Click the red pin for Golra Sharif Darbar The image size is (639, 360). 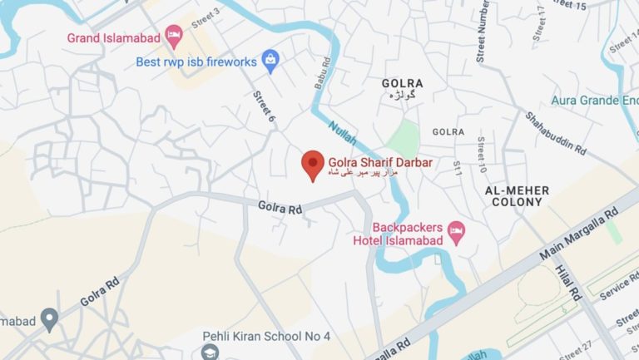(313, 164)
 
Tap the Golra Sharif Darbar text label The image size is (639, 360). (380, 163)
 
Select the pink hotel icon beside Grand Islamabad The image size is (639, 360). (173, 35)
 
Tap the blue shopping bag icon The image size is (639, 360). (269, 59)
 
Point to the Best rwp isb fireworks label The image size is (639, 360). (196, 62)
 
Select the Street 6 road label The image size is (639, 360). (264, 107)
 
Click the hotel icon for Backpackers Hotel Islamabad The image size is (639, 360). (456, 230)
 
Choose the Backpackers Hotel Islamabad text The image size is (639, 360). (407, 234)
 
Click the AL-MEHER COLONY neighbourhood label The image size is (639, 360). (518, 196)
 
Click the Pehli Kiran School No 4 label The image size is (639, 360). (266, 336)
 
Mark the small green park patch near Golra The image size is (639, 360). (404, 136)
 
